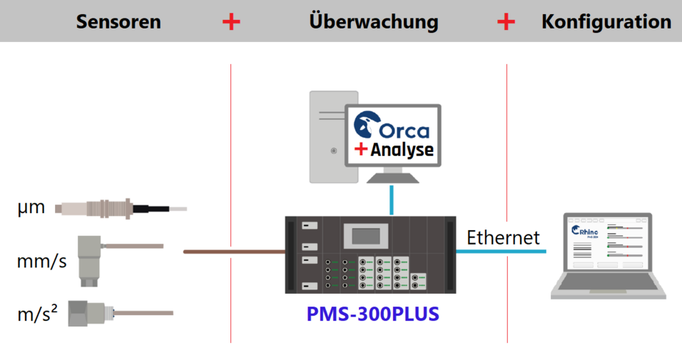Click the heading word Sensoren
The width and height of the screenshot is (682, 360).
click(x=118, y=21)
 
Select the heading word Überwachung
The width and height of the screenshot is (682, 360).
click(x=373, y=21)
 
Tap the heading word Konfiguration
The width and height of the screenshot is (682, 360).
click(x=606, y=21)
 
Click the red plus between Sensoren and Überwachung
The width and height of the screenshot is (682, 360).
click(x=231, y=21)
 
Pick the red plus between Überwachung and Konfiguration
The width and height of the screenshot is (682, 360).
click(x=506, y=21)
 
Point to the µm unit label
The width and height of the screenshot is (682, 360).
click(x=31, y=207)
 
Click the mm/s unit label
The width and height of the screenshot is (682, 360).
click(x=41, y=261)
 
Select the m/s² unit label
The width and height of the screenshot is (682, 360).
click(x=37, y=314)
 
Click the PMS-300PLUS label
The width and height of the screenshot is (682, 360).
click(x=373, y=313)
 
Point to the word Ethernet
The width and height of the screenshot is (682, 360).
click(x=503, y=237)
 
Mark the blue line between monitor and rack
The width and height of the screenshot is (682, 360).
click(x=391, y=199)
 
